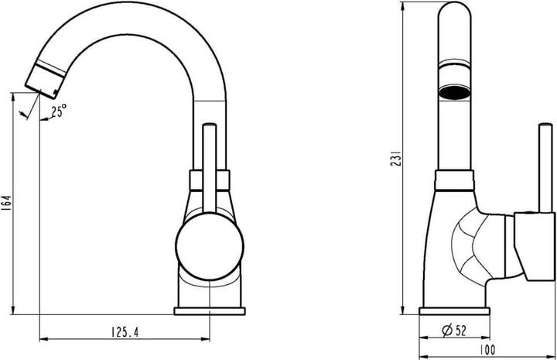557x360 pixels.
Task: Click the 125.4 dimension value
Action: tap(125, 332)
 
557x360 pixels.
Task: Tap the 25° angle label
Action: tap(59, 111)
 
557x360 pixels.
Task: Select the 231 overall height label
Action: tap(396, 158)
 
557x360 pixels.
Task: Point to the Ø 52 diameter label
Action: tap(454, 331)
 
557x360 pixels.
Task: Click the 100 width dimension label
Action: tap(487, 350)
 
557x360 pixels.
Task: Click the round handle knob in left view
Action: tap(210, 247)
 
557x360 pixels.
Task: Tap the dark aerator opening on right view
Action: tap(454, 92)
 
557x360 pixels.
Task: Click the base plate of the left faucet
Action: tap(210, 311)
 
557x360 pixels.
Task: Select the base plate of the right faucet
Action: tap(455, 311)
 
